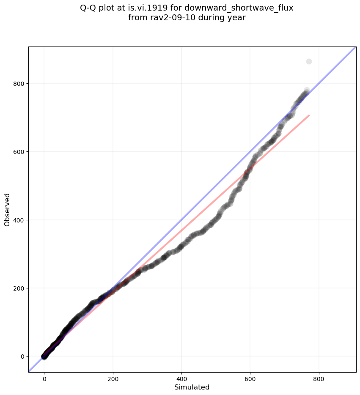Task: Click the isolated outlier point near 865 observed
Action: (309, 62)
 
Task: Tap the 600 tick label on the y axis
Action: (19, 152)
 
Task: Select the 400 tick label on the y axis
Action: (19, 220)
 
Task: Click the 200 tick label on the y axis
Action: (19, 288)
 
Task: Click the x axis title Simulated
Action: (192, 387)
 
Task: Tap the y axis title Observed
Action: (7, 209)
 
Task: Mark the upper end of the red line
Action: (309, 115)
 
